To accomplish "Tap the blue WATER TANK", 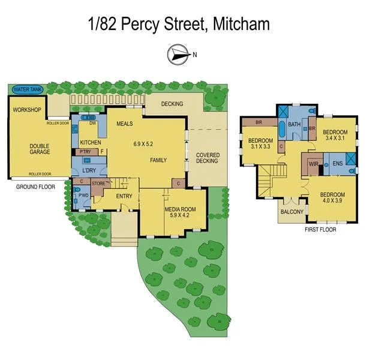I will click(28, 89).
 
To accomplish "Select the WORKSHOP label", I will click(27, 110).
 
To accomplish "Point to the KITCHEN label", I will click(91, 142).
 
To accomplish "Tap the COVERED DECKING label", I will click(208, 158).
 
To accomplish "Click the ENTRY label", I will click(124, 196).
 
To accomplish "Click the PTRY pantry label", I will click(85, 152).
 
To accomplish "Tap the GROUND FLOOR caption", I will click(36, 187).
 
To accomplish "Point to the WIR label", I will click(313, 163).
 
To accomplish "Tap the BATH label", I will click(294, 125).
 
